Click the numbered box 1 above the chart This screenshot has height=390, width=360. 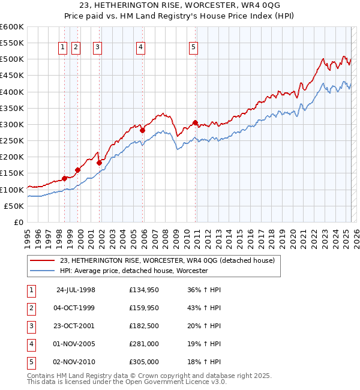tap(63, 49)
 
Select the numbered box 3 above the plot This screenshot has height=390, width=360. tap(97, 49)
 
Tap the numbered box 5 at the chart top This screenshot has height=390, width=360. tap(193, 49)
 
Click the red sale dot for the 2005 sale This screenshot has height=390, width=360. tap(142, 130)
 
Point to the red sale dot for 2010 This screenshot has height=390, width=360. tap(196, 123)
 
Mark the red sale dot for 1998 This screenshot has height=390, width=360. tap(64, 178)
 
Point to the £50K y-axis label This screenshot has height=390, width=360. tap(14, 206)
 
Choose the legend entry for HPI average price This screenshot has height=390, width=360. tap(133, 271)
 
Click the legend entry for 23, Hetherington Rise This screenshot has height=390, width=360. tap(167, 260)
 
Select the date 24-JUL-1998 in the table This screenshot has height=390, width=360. tap(76, 290)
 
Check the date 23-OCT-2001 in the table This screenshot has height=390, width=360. tap(76, 326)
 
